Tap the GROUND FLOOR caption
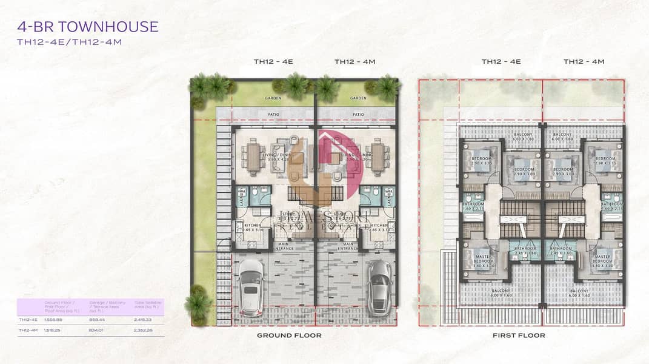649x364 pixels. click(288, 335)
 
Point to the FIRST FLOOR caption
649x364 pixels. click(519, 335)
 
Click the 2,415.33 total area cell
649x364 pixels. click(141, 319)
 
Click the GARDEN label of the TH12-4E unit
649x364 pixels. click(273, 97)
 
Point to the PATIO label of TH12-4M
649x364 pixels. click(358, 113)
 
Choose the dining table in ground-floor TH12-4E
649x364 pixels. click(253, 157)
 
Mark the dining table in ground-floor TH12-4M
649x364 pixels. click(378, 157)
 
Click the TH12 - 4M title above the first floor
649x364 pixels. click(583, 61)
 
